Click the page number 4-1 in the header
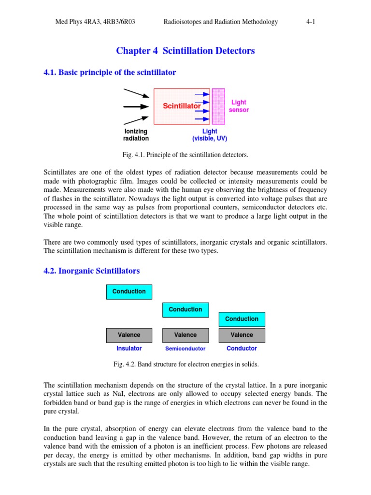click(x=310, y=22)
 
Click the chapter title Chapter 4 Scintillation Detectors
click(x=185, y=51)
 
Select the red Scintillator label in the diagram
click(x=182, y=106)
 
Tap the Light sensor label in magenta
click(x=239, y=106)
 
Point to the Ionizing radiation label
click(x=136, y=135)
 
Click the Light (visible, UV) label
click(x=210, y=135)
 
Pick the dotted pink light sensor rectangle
click(x=218, y=106)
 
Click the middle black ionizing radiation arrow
click(x=136, y=106)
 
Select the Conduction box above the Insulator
click(x=129, y=291)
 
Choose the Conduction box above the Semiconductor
click(x=185, y=309)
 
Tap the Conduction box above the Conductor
click(x=242, y=319)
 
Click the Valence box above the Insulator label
click(x=129, y=335)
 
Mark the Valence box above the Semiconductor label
click(x=185, y=335)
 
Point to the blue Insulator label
click(x=129, y=349)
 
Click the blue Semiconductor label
click(x=185, y=349)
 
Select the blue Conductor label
click(x=242, y=349)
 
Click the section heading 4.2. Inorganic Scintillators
click(x=92, y=271)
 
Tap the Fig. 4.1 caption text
click(x=185, y=155)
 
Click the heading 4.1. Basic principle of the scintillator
click(x=110, y=73)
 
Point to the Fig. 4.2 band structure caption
click(x=186, y=364)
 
